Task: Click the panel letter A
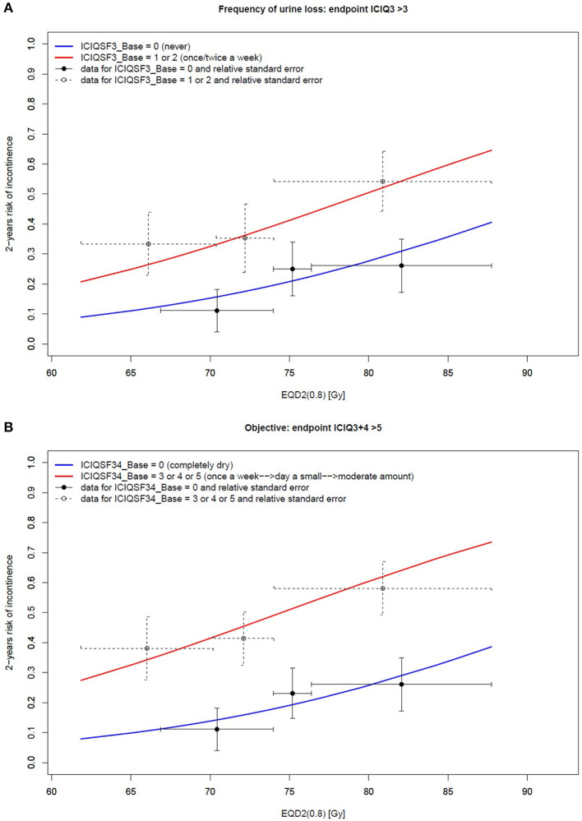click(x=7, y=7)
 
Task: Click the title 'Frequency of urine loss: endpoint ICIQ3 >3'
click(x=290, y=8)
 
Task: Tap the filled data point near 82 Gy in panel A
click(x=401, y=265)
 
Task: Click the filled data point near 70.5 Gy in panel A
click(x=217, y=311)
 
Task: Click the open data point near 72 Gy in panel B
click(x=243, y=639)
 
